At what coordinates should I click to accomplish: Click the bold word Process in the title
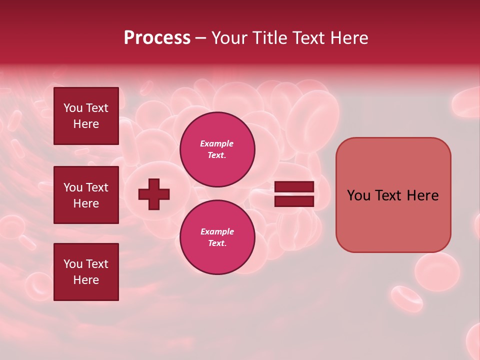157,38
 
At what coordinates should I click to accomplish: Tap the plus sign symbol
154,194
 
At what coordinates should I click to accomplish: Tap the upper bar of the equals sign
294,186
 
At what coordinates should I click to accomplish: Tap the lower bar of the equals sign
294,201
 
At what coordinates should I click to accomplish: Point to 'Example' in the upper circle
216,143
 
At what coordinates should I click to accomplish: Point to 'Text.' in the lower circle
217,243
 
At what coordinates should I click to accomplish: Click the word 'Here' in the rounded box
422,195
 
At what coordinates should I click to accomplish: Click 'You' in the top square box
73,108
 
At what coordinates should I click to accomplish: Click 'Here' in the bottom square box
86,280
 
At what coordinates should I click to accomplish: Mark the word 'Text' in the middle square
97,187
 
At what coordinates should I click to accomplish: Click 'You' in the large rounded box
358,195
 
